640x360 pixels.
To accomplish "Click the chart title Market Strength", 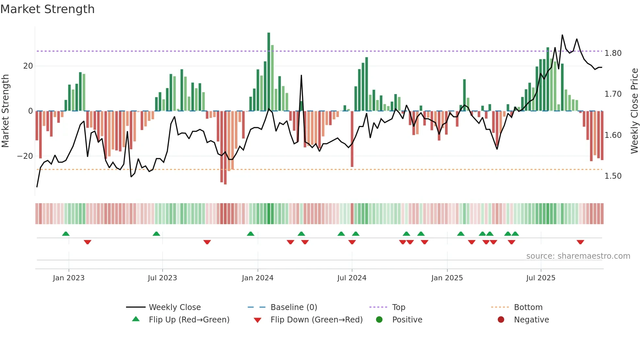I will click(47, 9).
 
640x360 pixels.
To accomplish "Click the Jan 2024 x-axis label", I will click(258, 278).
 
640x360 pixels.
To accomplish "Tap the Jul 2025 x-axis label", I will click(541, 278).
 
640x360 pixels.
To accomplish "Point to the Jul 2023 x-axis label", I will click(162, 278).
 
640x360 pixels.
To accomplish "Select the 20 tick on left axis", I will click(28, 66).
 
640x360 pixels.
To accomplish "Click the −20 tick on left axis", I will click(25, 156).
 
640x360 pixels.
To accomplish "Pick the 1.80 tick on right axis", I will click(613, 53).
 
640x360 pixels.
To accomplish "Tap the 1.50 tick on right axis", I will click(613, 176).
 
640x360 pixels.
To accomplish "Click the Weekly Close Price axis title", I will click(634, 111).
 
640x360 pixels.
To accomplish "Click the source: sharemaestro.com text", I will click(578, 256).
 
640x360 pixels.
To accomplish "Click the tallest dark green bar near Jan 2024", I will click(269, 72).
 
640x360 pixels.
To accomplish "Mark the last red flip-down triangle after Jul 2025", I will click(580, 242).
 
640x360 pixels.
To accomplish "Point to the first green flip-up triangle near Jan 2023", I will click(66, 234).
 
